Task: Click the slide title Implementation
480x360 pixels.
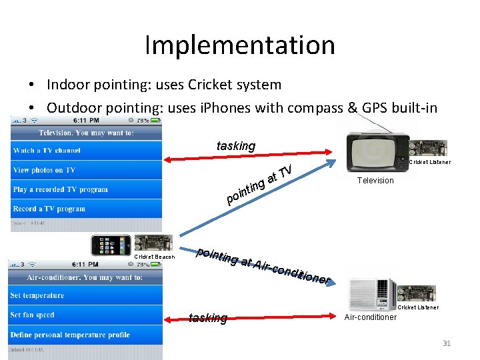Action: pos(239,45)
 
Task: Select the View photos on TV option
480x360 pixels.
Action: pos(44,170)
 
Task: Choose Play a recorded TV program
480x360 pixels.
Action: pos(60,189)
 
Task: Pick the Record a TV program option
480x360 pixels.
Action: pos(49,209)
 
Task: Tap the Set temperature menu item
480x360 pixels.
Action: pos(37,295)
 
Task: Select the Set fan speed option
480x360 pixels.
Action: pos(32,315)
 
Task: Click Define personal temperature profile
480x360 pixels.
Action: pos(70,335)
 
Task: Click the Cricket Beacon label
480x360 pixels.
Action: pos(155,257)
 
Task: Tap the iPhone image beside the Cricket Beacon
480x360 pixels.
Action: pos(112,245)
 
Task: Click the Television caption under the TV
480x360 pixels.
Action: pos(375,181)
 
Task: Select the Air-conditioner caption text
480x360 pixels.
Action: pos(371,317)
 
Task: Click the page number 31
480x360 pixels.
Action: pos(447,344)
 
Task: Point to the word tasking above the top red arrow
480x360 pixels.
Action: pos(236,146)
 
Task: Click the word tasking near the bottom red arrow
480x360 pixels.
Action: pos(208,318)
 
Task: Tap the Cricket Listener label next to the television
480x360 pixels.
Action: pos(429,162)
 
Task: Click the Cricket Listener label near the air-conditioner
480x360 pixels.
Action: pos(418,307)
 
